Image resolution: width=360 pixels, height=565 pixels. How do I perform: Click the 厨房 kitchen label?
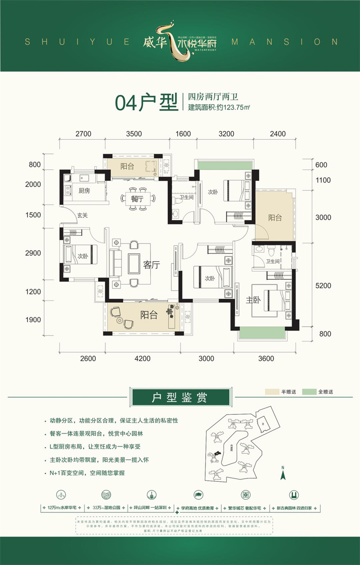point(84,191)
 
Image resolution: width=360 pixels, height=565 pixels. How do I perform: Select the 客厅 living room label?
point(152,265)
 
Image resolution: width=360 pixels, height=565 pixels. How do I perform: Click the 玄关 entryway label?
point(81,215)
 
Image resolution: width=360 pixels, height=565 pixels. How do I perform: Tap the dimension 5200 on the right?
point(323,286)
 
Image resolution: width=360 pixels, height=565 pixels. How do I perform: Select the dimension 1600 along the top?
point(183,134)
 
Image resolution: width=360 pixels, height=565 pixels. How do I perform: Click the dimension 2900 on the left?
point(33,253)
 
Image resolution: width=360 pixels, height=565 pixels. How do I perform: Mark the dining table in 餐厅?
point(138,197)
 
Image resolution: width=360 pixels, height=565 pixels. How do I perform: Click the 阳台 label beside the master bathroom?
point(275,218)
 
